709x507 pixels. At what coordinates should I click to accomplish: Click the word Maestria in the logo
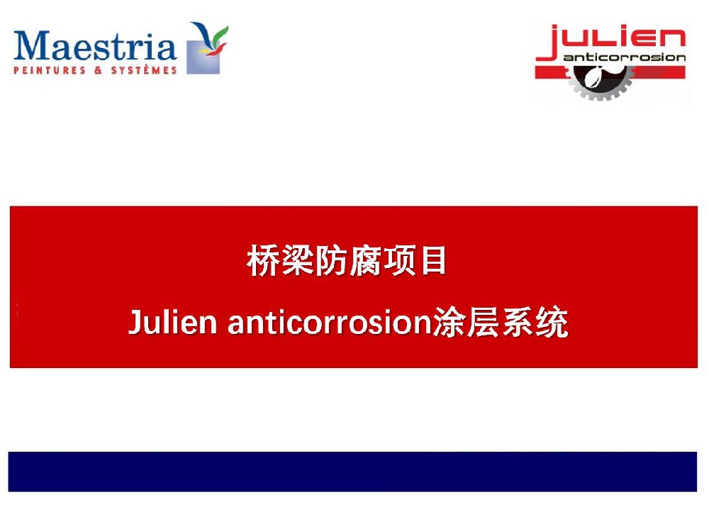point(95,45)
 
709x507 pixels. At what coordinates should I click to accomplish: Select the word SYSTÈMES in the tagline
point(144,70)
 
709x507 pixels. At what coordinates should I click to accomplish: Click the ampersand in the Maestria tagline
point(98,70)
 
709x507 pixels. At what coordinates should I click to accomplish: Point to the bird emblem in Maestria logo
point(208,48)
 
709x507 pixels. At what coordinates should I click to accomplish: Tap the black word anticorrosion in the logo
point(625,57)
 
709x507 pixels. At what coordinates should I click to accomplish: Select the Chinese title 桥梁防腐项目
point(347,260)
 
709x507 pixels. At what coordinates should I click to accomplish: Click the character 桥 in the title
point(263,260)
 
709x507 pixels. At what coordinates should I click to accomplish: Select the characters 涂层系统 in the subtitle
point(501,322)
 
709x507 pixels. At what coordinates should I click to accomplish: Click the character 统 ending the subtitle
point(552,322)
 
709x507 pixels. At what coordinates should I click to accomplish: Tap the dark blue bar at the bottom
point(352,472)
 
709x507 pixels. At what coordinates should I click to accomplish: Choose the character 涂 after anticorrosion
point(450,322)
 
